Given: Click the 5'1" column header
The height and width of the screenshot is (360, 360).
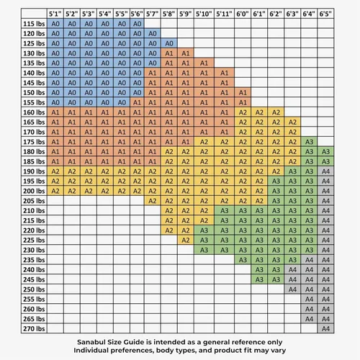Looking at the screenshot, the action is pyautogui.click(x=55, y=14).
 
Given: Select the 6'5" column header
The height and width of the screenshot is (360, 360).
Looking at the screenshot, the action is pyautogui.click(x=325, y=14).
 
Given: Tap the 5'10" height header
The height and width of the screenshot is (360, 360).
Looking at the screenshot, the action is pyautogui.click(x=204, y=14).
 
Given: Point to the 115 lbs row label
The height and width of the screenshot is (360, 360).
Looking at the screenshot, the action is pyautogui.click(x=34, y=24).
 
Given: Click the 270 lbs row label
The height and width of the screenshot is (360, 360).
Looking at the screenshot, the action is pyautogui.click(x=34, y=328).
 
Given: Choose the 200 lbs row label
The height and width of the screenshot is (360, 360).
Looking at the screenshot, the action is pyautogui.click(x=34, y=191).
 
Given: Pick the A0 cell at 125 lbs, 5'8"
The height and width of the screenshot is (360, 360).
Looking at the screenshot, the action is pyautogui.click(x=169, y=43).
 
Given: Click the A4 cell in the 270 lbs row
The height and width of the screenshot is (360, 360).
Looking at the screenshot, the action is pyautogui.click(x=325, y=328).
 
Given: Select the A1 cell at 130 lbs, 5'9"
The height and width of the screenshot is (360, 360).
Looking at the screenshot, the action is pyautogui.click(x=186, y=53).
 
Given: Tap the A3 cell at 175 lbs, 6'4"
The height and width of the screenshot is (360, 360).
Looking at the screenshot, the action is pyautogui.click(x=309, y=142).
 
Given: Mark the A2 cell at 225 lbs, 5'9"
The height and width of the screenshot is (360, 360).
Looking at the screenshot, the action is pyautogui.click(x=186, y=240).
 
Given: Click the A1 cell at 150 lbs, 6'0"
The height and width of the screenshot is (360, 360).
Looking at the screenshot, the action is pyautogui.click(x=243, y=93).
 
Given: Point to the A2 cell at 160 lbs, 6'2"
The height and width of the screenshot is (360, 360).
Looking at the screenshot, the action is pyautogui.click(x=276, y=112).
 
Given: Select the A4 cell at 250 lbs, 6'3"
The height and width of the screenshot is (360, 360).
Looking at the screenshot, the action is pyautogui.click(x=292, y=289).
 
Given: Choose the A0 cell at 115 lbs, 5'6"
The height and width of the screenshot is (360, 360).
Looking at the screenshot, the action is pyautogui.click(x=137, y=24).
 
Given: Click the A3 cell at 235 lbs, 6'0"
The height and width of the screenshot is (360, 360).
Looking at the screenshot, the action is pyautogui.click(x=243, y=260).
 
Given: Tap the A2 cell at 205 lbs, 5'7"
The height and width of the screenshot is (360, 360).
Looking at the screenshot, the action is pyautogui.click(x=153, y=201).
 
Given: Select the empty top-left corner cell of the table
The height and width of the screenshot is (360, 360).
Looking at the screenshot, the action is pyautogui.click(x=34, y=14).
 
